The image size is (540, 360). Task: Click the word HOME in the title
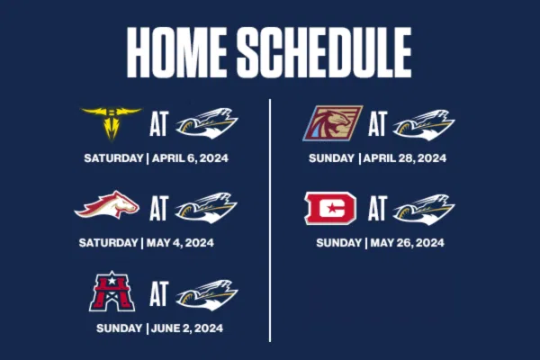pos(176,52)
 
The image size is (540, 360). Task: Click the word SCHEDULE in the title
pos(324,52)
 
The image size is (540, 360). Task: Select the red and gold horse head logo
pos(107,205)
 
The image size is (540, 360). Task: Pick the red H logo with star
pos(112,292)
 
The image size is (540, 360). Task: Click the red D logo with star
pos(330,208)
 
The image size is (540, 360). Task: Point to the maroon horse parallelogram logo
pos(332,123)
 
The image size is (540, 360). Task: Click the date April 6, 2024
pos(190,158)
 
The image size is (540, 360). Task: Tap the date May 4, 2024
pos(180,243)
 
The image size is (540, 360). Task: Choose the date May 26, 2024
pos(407,243)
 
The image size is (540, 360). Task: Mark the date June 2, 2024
pos(187,328)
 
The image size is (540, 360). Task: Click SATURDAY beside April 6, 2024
pos(113,158)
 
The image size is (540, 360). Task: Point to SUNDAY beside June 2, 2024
pos(119,328)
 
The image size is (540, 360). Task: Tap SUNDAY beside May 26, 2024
pos(339,243)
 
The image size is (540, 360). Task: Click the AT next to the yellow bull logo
pos(158,123)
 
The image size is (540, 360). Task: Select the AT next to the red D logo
pos(377,208)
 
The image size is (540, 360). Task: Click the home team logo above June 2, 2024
pos(207,295)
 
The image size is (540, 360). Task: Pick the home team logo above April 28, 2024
pos(424,125)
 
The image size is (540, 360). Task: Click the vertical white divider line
pos(270,220)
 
